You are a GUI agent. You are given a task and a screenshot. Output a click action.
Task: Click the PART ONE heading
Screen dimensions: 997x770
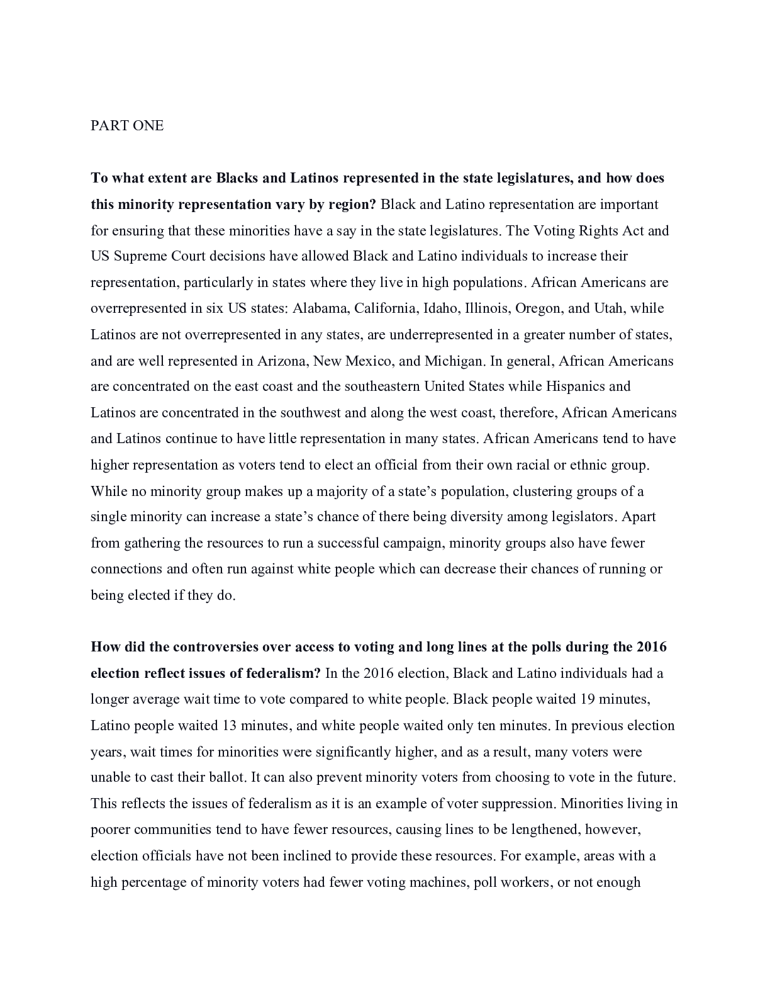(127, 126)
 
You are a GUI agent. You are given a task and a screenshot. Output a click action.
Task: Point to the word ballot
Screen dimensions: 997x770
(224, 777)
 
